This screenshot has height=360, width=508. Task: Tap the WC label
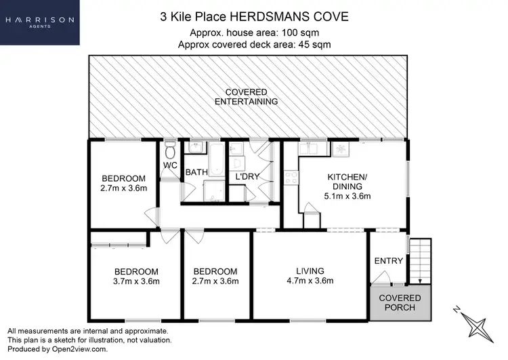click(169, 165)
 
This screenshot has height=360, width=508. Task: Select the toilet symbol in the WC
click(171, 148)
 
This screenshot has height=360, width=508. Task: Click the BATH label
click(196, 173)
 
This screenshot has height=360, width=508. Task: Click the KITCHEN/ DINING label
click(347, 181)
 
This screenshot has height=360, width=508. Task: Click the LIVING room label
click(310, 271)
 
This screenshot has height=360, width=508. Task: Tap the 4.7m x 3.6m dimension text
click(310, 281)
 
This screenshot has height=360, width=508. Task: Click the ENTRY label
click(388, 261)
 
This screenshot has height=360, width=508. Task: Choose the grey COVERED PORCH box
click(400, 302)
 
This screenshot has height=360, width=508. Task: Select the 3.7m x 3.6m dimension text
click(135, 281)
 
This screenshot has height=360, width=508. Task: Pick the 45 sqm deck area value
click(315, 45)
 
